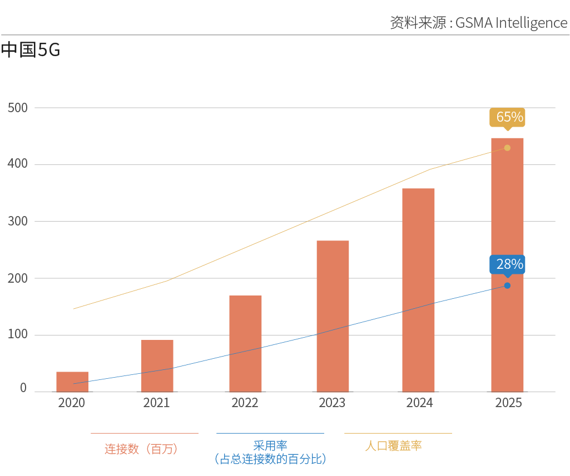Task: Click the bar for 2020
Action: (72, 382)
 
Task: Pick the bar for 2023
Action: (333, 316)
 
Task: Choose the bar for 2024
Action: (418, 290)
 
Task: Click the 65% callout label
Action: (507, 117)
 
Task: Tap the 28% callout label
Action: (507, 264)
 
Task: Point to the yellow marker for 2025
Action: (507, 148)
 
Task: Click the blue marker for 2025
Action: (507, 285)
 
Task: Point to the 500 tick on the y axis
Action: (17, 107)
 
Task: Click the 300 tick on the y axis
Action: (17, 221)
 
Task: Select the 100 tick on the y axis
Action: (17, 335)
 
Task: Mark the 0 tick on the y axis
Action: (23, 388)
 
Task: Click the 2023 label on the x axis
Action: (332, 403)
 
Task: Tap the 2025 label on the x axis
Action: (508, 403)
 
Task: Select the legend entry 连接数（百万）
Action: (141, 449)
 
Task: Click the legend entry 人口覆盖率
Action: (393, 446)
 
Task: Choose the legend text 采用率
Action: (270, 445)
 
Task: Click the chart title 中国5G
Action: (31, 51)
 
